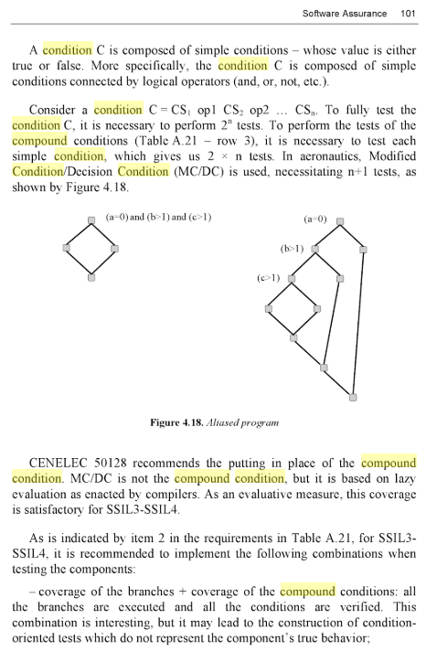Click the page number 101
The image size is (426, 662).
click(408, 14)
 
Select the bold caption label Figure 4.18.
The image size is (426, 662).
click(178, 423)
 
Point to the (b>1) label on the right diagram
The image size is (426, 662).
click(293, 248)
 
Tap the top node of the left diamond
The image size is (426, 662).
click(91, 220)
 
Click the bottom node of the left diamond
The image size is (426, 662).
click(91, 276)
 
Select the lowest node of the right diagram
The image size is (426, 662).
click(353, 396)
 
